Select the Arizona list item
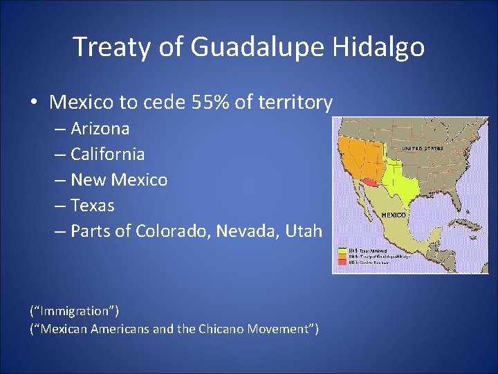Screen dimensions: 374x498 coord(100,129)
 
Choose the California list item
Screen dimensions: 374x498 coord(107,154)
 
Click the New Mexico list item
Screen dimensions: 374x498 coord(119,179)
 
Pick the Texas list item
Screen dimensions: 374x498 coord(92,205)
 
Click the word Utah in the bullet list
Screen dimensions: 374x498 coord(305,231)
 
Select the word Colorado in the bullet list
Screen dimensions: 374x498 coord(173,231)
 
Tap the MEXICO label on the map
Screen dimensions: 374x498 coord(394,215)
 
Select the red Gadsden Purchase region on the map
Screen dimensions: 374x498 coord(371,184)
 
